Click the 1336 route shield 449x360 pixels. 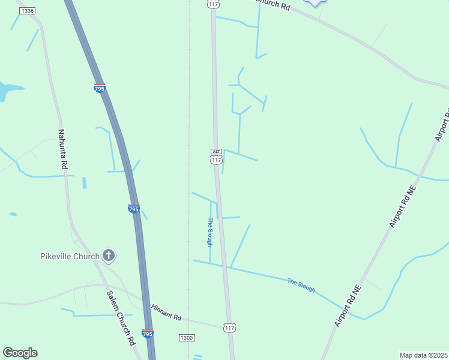coord(27,11)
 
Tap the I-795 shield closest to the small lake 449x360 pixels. coord(100,88)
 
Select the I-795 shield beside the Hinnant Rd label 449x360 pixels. coord(148,333)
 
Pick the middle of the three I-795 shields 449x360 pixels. coord(134,209)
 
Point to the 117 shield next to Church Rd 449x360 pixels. coord(213,4)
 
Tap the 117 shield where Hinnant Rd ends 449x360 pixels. coord(229,328)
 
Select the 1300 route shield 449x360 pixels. coord(187,338)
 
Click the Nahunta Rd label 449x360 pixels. coord(63,150)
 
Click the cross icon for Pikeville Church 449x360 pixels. coord(109,256)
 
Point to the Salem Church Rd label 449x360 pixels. coord(121,318)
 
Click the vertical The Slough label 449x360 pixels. coord(210,232)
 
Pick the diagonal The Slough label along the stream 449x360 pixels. coord(301,285)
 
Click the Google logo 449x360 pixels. coord(20,353)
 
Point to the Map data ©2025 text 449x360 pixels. coord(424,355)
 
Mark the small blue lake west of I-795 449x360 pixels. coord(7,91)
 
